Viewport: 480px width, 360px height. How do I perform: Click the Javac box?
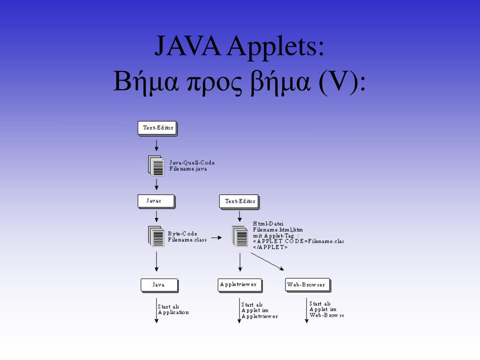156,201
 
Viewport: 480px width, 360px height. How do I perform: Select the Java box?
159,285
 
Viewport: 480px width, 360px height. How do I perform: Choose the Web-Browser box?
307,285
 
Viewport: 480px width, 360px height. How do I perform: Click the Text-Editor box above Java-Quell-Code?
157,128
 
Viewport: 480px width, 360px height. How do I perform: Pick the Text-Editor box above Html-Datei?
240,202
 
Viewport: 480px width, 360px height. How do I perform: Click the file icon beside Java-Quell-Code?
157,166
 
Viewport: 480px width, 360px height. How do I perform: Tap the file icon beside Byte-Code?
157,236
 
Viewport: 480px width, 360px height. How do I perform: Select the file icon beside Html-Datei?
240,236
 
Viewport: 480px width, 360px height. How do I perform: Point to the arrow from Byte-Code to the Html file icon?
216,238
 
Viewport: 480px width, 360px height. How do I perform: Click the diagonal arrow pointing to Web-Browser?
267,262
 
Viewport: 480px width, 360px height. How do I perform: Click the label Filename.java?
188,169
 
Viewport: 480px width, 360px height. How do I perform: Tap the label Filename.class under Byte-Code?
187,240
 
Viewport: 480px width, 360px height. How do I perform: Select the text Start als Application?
173,309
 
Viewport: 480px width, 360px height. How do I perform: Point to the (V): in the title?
343,83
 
